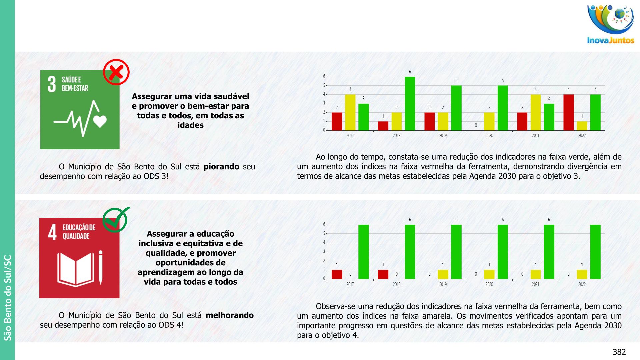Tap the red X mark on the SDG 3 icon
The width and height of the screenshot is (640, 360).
[x=116, y=72]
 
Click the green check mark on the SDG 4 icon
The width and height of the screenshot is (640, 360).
[x=116, y=219]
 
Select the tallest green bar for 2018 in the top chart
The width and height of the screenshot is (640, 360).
[x=410, y=103]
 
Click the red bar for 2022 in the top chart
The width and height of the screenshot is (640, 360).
[x=569, y=112]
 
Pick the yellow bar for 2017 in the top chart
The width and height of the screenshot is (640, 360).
[x=350, y=112]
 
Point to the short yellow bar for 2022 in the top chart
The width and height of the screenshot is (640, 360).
[x=582, y=126]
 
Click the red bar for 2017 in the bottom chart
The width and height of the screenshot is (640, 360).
[x=337, y=274]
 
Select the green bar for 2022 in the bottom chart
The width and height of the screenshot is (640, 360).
[x=595, y=252]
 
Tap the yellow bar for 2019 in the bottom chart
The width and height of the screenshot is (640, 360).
[x=443, y=274]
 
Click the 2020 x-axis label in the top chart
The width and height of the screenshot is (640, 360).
[x=489, y=136]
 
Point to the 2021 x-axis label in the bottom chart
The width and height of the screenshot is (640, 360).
[x=535, y=284]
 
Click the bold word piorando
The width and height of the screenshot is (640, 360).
[x=221, y=167]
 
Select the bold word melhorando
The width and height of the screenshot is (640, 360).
[x=230, y=315]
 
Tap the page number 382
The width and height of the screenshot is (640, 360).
[x=619, y=352]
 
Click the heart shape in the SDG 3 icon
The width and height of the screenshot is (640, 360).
[x=100, y=121]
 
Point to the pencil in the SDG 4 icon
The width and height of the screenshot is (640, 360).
[x=100, y=268]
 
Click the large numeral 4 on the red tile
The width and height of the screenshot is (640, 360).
[x=52, y=232]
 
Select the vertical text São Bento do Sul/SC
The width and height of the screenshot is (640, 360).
[x=7, y=297]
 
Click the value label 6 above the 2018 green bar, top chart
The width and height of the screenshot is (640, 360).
[x=410, y=72]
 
